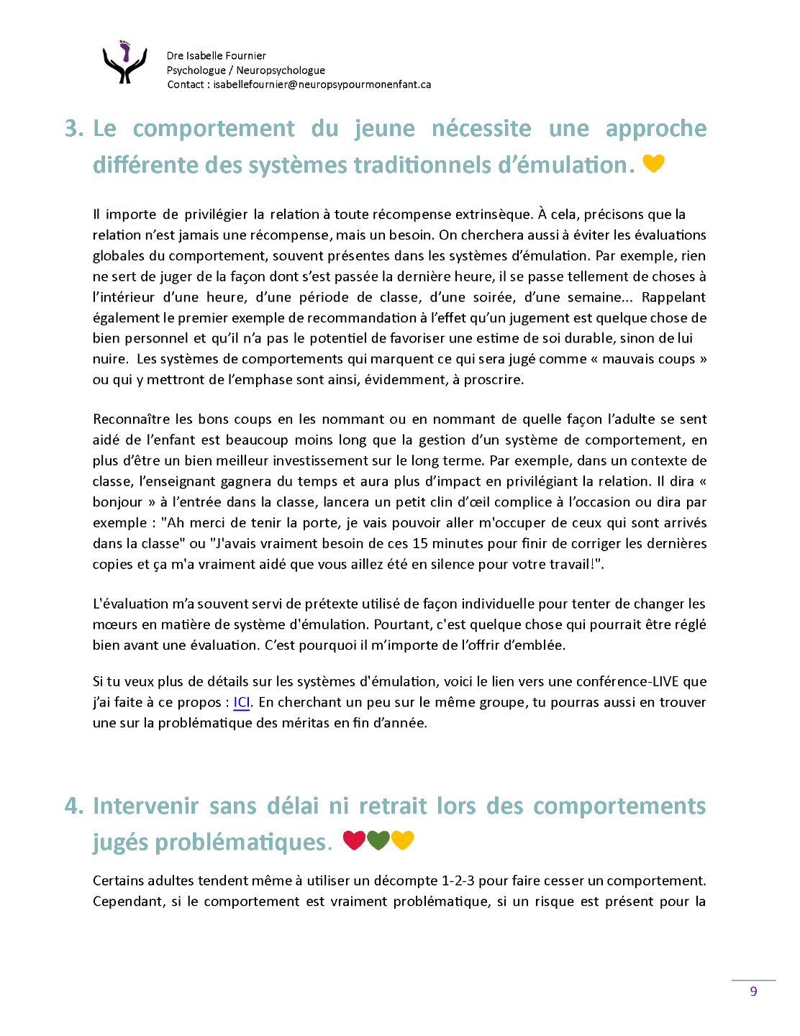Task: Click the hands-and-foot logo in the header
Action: (124, 63)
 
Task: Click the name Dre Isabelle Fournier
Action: (216, 55)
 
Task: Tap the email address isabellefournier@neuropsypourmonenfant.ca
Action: (322, 84)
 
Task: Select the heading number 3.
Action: (73, 129)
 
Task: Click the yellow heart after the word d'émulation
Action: (653, 163)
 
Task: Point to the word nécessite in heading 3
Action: (481, 129)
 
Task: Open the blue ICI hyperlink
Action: (242, 702)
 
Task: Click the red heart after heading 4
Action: (354, 840)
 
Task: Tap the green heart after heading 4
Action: (378, 840)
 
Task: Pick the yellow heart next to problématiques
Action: (403, 840)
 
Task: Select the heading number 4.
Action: (73, 806)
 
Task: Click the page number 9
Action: (753, 991)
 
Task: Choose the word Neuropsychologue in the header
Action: (281, 70)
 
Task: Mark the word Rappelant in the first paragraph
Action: (673, 297)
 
